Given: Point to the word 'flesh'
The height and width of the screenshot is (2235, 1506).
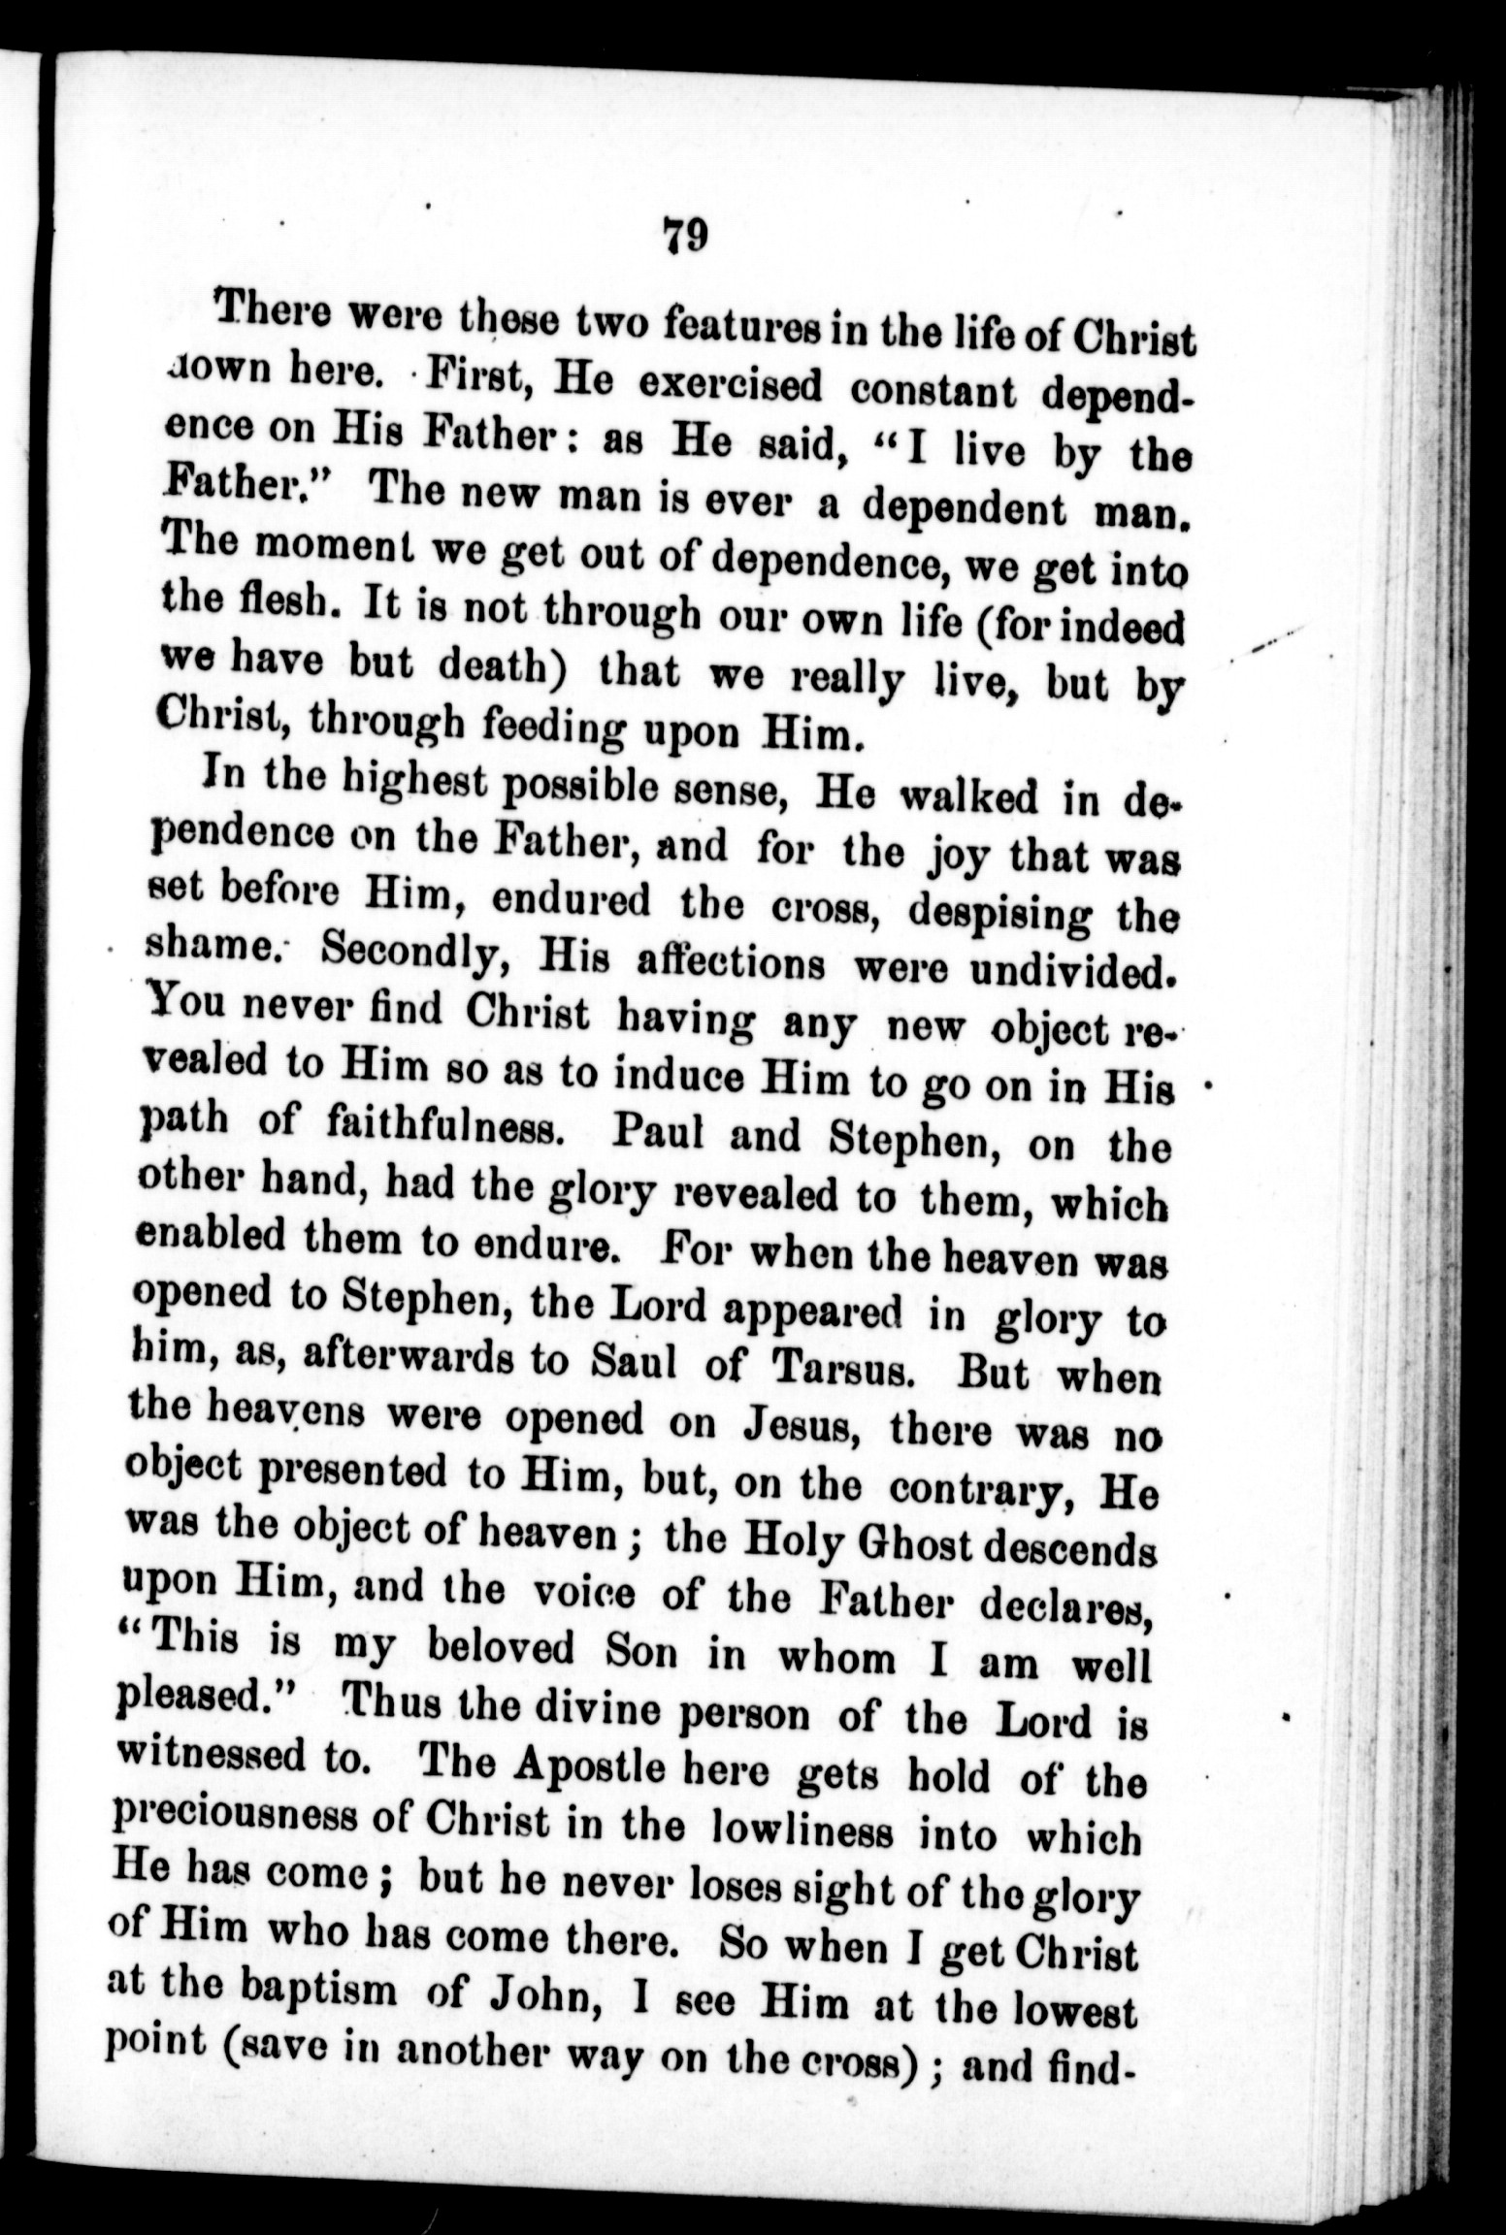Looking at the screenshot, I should [264, 608].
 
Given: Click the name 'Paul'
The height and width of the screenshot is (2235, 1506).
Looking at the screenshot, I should [655, 1133].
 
